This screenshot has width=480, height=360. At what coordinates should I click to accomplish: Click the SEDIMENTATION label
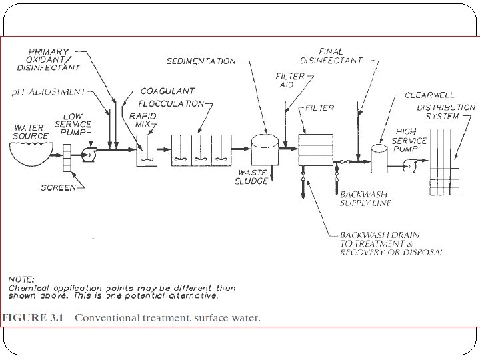click(x=201, y=61)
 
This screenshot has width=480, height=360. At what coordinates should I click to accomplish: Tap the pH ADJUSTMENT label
click(x=49, y=91)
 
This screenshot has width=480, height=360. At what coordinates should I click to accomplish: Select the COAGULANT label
click(x=167, y=91)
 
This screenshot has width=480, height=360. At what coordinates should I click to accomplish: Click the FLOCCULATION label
click(x=171, y=103)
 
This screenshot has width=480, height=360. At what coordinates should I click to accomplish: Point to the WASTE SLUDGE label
click(x=253, y=177)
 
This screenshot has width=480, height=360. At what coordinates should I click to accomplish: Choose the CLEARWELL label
click(x=430, y=95)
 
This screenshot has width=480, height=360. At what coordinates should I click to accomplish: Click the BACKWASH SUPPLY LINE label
click(x=365, y=199)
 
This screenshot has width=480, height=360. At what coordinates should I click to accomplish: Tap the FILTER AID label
click(x=290, y=81)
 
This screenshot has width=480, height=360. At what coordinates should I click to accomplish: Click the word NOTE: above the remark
click(x=21, y=279)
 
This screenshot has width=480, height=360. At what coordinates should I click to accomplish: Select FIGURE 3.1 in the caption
click(x=32, y=318)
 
